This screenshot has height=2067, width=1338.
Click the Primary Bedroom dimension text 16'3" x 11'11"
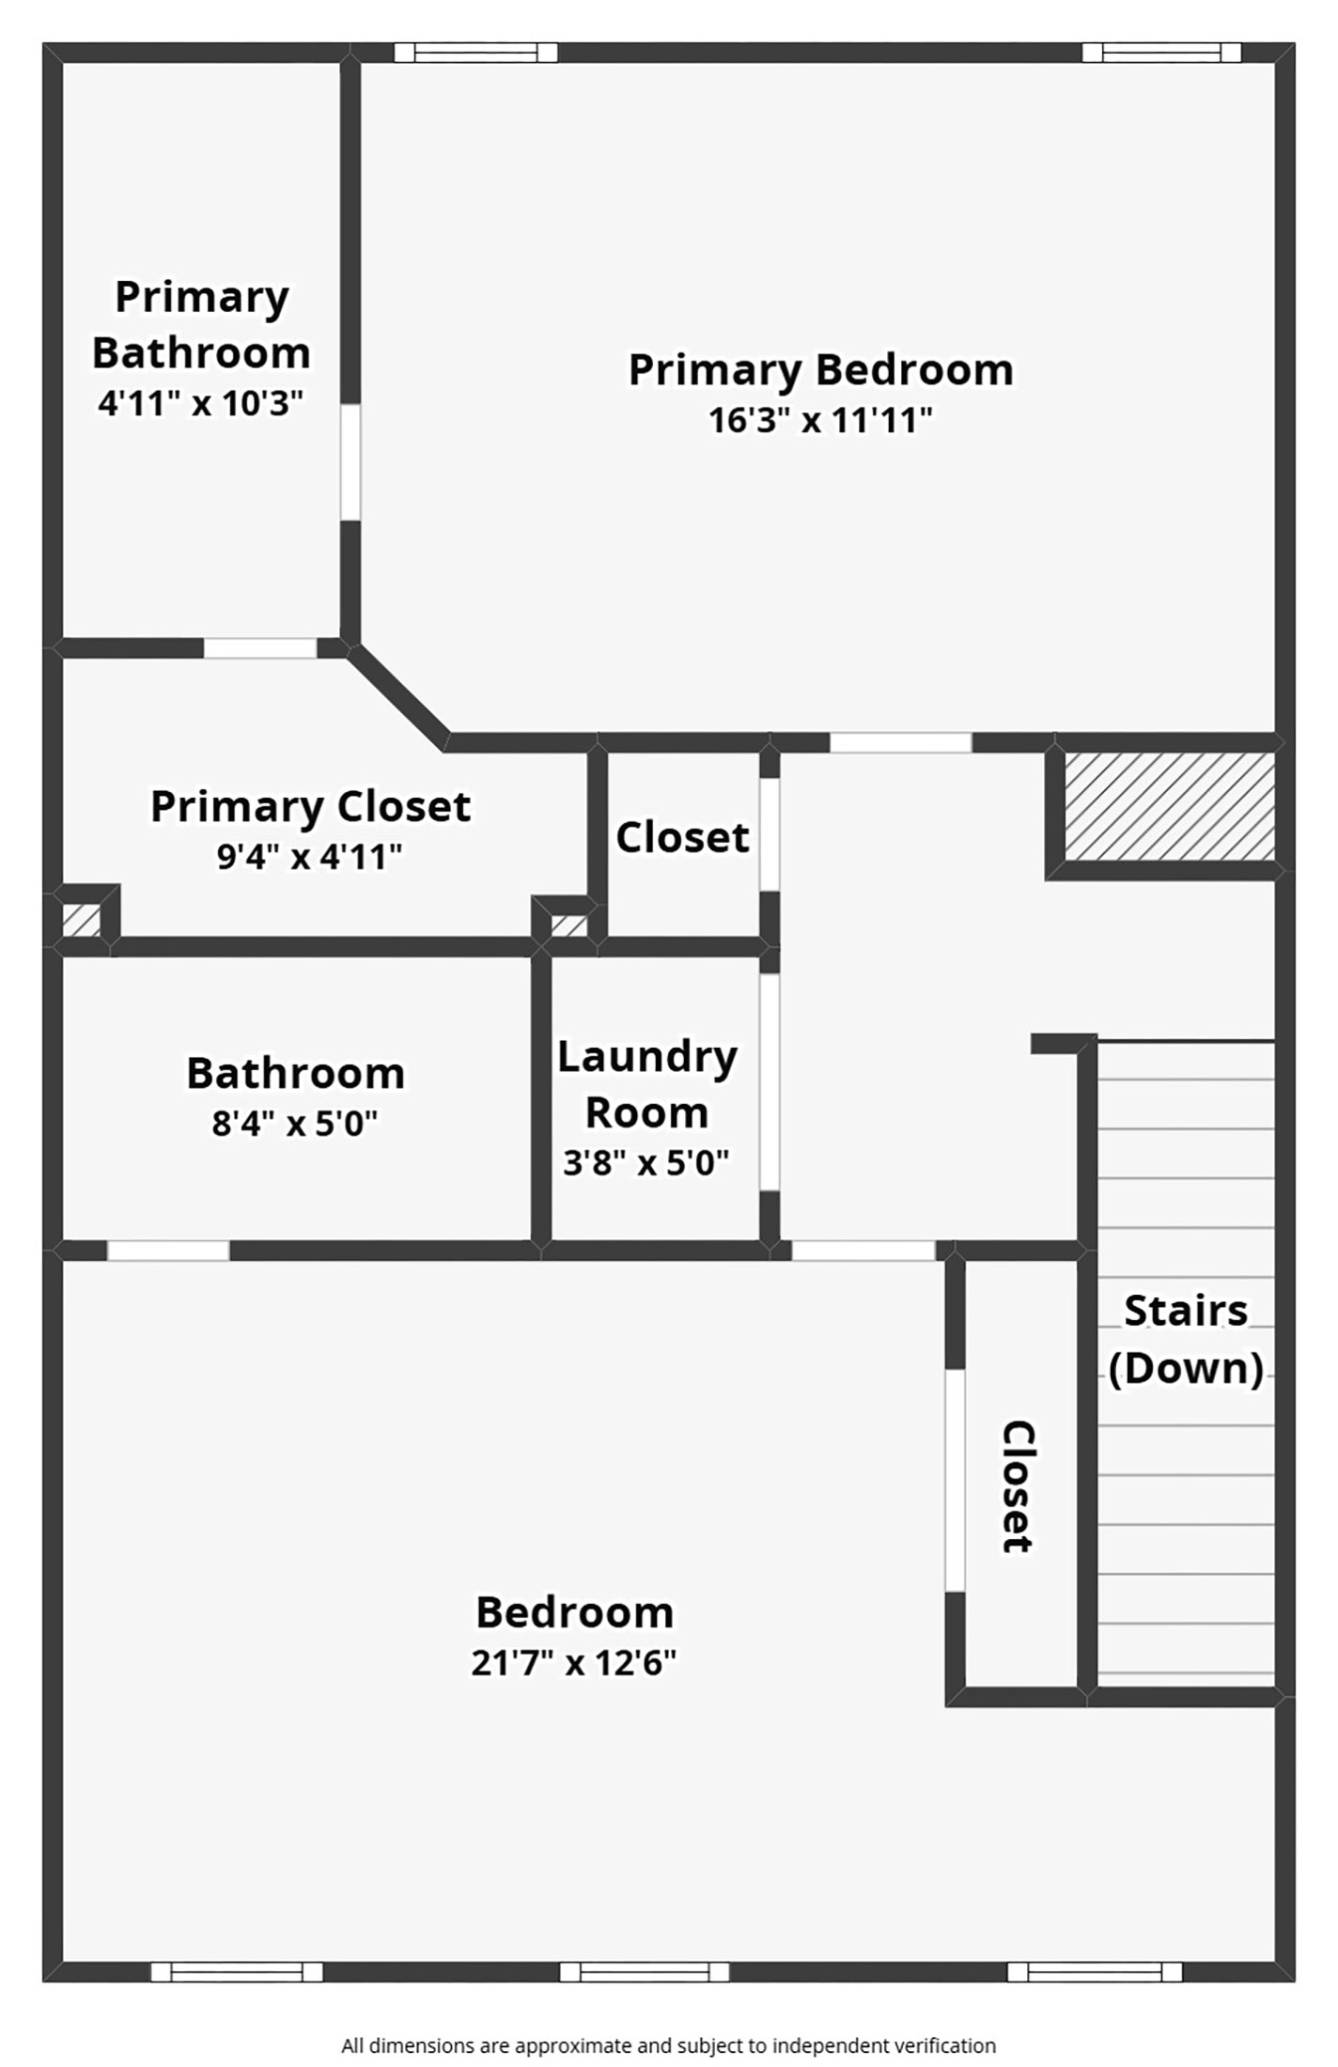(x=820, y=420)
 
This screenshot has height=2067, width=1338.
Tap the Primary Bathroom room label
(x=201, y=325)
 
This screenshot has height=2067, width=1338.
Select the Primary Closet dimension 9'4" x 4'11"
(x=309, y=857)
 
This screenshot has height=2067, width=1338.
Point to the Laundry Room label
(x=646, y=1084)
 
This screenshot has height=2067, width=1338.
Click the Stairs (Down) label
(x=1186, y=1339)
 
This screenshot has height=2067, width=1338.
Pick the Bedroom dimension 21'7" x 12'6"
(x=573, y=1662)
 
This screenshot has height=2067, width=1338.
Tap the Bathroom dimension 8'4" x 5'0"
(x=294, y=1123)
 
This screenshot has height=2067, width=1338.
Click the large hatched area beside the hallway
(x=1169, y=806)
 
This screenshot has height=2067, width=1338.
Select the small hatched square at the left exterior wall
(x=81, y=920)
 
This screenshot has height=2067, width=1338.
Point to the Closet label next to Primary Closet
(x=682, y=837)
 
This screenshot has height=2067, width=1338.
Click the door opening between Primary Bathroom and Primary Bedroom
(x=350, y=461)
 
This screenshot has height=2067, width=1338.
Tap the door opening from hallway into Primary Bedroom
(x=900, y=743)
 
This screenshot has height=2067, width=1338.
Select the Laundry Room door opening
(x=770, y=1082)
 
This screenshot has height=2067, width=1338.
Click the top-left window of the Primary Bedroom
(x=475, y=53)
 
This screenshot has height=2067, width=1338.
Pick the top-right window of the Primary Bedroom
(x=1161, y=53)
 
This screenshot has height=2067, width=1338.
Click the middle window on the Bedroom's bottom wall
(x=645, y=1971)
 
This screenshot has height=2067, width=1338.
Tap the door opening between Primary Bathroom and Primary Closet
(x=260, y=648)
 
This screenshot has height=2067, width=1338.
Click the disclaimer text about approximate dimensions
(x=668, y=2045)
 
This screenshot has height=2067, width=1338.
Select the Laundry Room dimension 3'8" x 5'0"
(x=646, y=1163)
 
